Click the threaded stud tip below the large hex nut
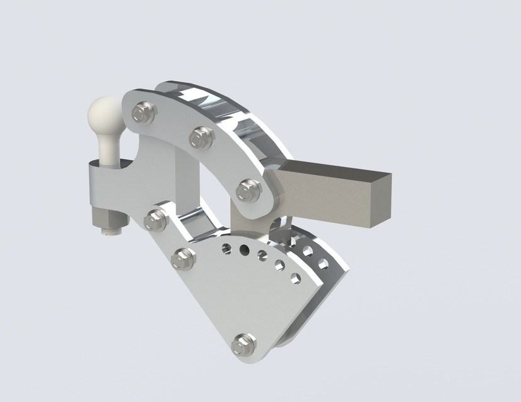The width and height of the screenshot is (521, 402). click(111, 232)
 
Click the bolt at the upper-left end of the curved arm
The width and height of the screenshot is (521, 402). click(140, 113)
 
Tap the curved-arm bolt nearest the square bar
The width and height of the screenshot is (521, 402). click(247, 190)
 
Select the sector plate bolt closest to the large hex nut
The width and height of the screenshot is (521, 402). click(155, 220)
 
